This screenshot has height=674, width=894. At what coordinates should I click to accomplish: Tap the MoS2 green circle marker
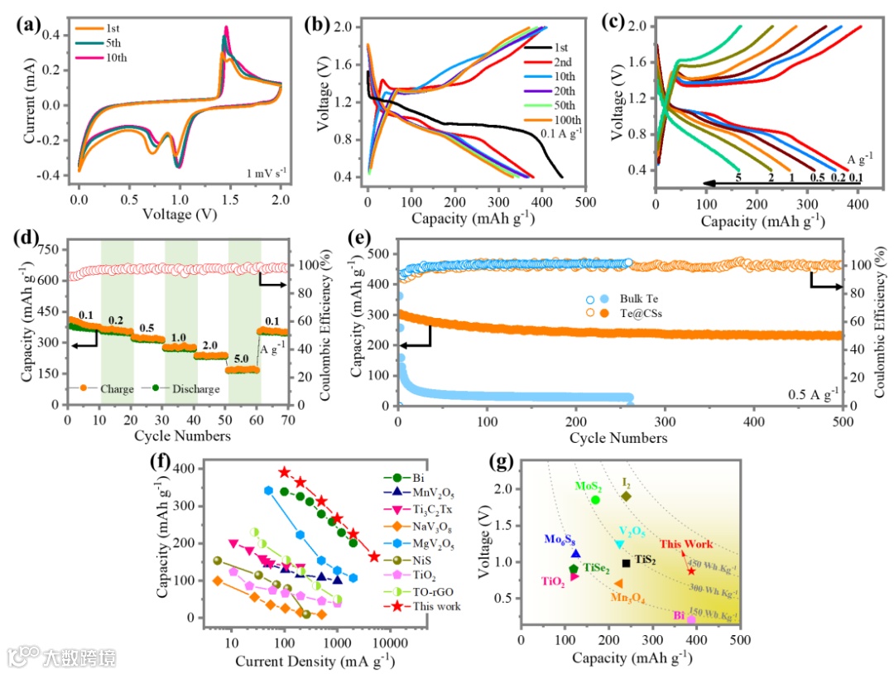pyautogui.click(x=596, y=499)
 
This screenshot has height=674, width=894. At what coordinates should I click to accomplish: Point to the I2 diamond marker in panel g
pyautogui.click(x=627, y=496)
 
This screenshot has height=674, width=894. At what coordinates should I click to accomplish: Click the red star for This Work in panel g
pyautogui.click(x=691, y=570)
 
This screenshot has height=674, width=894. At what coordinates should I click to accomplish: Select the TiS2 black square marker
pyautogui.click(x=627, y=563)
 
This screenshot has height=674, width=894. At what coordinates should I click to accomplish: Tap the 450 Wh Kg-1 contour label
pyautogui.click(x=716, y=566)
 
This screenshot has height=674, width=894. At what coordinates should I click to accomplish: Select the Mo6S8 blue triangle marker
pyautogui.click(x=575, y=553)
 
